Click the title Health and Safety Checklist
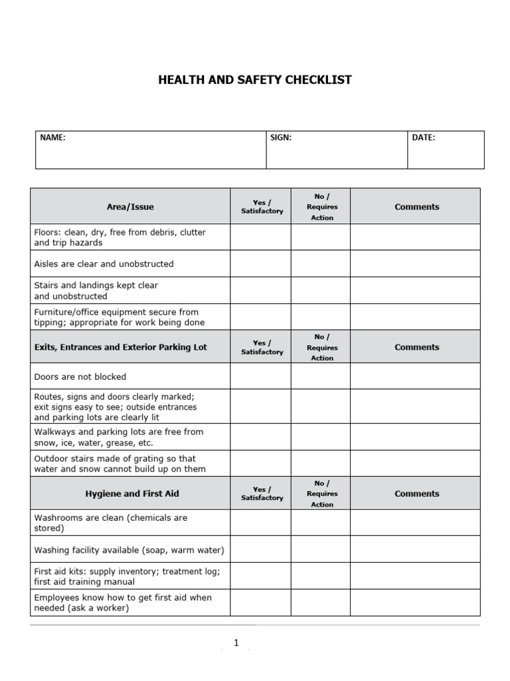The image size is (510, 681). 255,80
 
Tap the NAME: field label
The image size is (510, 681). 52,138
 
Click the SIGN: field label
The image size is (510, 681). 281,138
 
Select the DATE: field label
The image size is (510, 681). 424,138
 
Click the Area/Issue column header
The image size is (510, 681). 130,207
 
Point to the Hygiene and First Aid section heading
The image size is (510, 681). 132,493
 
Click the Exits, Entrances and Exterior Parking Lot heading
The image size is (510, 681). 121,347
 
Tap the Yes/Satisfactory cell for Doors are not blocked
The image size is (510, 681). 260,376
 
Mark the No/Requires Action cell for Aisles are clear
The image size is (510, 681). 321,264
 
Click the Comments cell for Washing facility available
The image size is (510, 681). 415,550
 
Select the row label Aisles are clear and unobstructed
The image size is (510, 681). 104,264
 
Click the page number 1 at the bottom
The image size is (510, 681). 236,643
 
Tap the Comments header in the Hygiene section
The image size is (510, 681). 417,493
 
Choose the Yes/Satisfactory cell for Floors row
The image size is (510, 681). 260,237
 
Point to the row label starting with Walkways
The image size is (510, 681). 118,437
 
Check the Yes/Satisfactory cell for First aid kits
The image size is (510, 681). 260,576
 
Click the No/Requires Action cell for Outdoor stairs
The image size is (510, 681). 321,464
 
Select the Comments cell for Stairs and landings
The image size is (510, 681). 415,291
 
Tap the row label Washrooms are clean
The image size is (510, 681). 110,523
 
